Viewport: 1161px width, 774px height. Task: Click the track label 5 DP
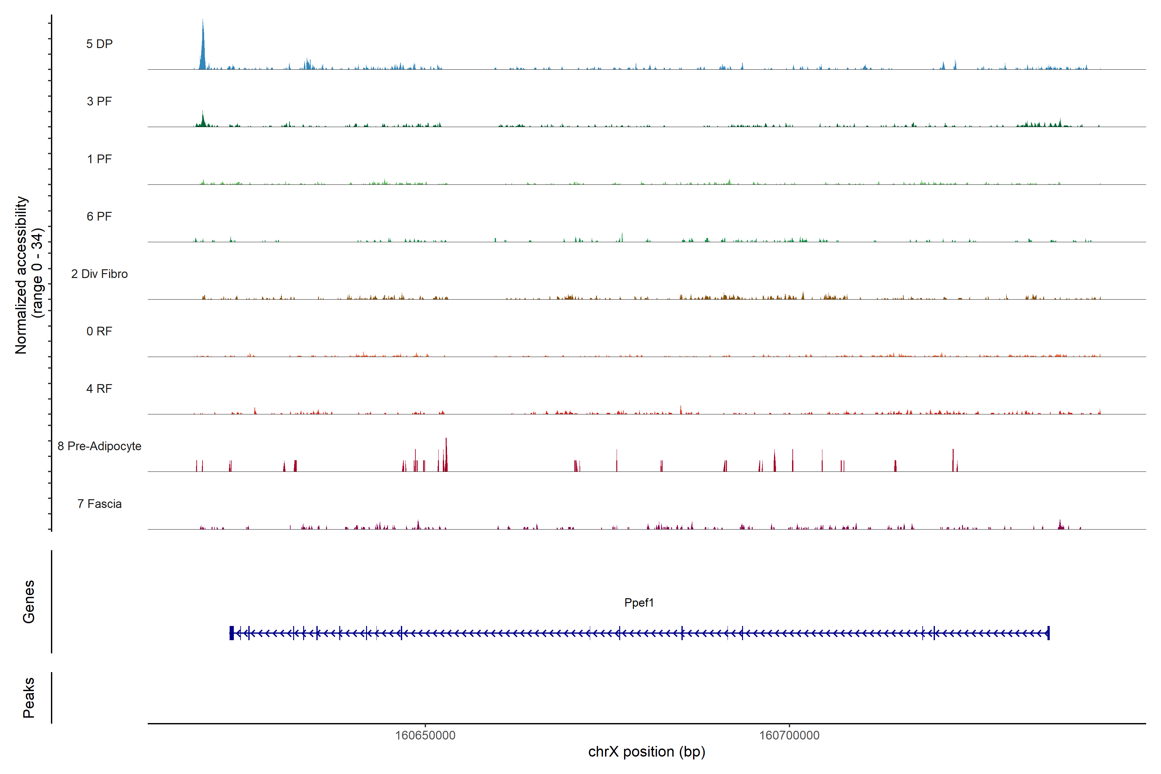99,44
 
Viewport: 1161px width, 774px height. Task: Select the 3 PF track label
99,101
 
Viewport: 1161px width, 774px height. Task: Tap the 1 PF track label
99,159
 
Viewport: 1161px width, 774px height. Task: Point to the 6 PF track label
99,216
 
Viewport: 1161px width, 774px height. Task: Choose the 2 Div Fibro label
99,274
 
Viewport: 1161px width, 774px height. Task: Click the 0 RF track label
99,331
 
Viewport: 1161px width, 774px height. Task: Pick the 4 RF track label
99,389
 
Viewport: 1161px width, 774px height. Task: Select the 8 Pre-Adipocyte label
99,446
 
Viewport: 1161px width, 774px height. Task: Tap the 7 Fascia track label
99,503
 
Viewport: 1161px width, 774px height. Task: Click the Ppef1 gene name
639,603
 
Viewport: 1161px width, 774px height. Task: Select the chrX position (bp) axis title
647,752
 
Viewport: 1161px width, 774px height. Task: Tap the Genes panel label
29,602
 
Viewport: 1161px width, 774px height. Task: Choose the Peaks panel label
29,698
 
